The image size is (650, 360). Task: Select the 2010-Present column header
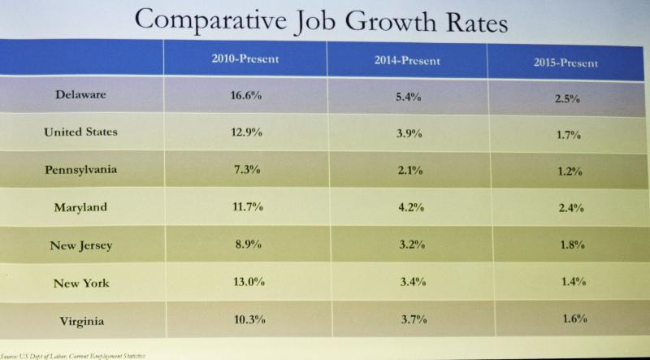(x=245, y=58)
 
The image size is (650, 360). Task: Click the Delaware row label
(x=80, y=94)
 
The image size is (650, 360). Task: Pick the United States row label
(x=80, y=132)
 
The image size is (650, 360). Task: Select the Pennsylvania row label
(x=80, y=169)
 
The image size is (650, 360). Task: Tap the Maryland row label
(x=80, y=207)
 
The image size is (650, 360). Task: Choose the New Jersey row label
(x=80, y=245)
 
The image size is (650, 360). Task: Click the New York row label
(x=80, y=284)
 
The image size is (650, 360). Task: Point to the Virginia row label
(x=80, y=321)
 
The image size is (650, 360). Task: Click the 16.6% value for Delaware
(x=247, y=95)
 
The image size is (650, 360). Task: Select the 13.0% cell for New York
(x=247, y=284)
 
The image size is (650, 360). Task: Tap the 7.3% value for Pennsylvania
(x=247, y=170)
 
